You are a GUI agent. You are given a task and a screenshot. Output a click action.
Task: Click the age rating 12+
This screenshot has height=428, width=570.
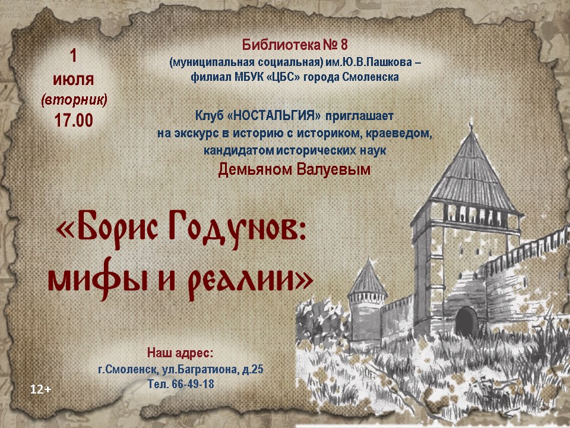click(x=41, y=389)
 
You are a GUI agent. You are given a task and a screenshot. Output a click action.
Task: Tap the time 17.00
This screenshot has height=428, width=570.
click(x=74, y=121)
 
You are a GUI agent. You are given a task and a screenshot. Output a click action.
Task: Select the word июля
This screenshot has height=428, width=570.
click(x=74, y=80)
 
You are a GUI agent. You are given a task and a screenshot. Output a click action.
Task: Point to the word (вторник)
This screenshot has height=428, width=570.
click(x=74, y=99)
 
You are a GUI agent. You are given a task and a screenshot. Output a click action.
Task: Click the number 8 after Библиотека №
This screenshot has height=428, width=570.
click(x=344, y=45)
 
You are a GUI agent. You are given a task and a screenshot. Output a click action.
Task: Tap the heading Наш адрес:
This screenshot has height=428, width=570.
click(x=180, y=353)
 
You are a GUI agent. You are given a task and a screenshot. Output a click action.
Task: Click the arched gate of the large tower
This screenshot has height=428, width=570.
click(x=467, y=322)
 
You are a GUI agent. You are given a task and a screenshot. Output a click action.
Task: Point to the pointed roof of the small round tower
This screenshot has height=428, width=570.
click(x=368, y=276)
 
